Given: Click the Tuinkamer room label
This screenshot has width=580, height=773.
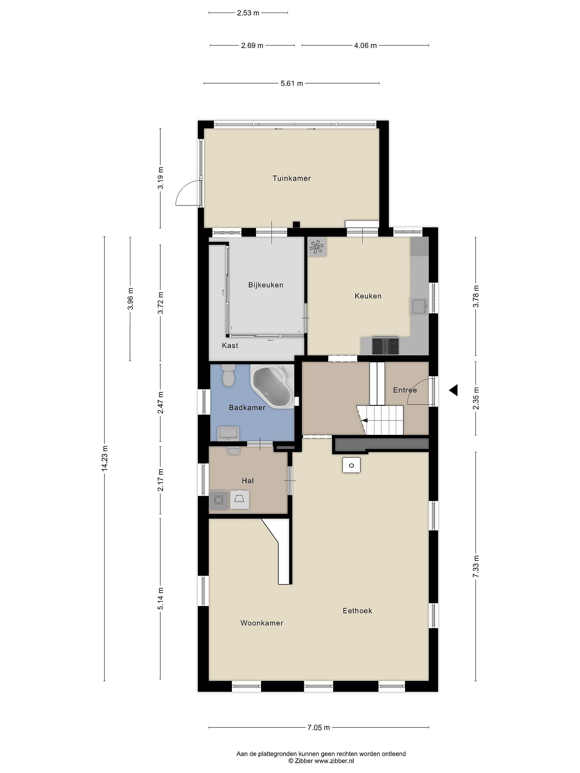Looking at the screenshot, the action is tap(292, 178).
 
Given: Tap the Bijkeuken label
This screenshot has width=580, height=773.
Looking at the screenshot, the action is tap(266, 285).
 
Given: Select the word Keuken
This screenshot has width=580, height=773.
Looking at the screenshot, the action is tap(368, 296).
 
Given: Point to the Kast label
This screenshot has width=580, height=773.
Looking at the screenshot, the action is tap(230, 345).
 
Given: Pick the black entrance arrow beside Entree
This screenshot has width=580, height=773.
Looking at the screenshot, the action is tap(454, 390).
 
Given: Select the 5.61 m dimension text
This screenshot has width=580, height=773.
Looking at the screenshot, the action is tap(292, 83).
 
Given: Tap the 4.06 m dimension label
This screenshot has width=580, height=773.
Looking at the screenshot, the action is tap(365, 45).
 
